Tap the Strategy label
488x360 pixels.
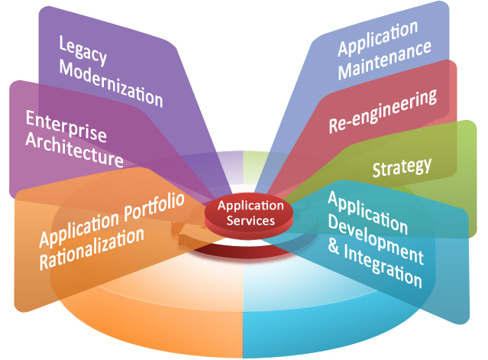(402, 166)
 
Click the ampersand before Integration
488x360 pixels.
(334, 245)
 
